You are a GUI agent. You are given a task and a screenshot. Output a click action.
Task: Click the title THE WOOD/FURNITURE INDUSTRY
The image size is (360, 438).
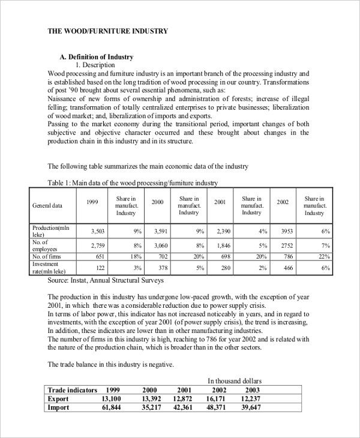point(108,31)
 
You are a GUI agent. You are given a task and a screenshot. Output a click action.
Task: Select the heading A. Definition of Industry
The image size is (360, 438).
point(97,57)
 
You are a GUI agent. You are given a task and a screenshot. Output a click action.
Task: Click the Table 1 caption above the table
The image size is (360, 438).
point(133,182)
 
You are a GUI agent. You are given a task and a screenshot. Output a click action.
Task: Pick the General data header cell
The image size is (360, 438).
point(47,205)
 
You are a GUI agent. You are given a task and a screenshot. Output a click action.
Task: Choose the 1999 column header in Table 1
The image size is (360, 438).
point(92,202)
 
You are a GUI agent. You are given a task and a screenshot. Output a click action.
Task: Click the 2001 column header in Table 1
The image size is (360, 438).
point(220,202)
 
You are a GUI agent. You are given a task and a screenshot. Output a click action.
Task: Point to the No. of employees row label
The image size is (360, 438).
point(45,245)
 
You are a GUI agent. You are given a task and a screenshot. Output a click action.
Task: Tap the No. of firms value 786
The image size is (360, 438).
point(288,257)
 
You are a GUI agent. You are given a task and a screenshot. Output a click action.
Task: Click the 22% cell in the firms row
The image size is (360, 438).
point(325,257)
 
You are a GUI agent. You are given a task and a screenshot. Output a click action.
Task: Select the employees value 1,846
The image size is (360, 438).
point(223,245)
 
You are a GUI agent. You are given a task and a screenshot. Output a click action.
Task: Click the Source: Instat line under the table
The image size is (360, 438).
point(105,280)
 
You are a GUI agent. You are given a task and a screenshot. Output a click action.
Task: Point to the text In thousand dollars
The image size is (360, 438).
point(235,380)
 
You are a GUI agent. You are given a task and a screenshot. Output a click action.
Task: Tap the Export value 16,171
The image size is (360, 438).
point(215,399)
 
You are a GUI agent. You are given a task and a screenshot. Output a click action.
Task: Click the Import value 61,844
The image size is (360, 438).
point(112,408)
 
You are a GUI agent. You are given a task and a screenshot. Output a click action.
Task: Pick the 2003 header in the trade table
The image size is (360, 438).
point(249,390)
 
